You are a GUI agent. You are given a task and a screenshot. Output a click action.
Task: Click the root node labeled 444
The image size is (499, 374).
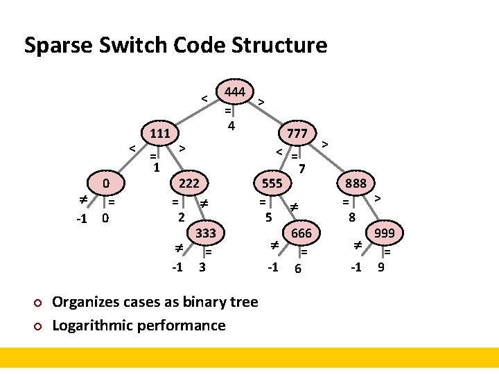(x=236, y=91)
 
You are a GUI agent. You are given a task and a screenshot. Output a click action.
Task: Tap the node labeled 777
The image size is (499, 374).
(x=297, y=132)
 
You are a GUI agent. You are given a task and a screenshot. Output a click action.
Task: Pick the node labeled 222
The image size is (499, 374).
(x=189, y=184)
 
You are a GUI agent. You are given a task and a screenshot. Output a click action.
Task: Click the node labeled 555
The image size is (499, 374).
(x=272, y=184)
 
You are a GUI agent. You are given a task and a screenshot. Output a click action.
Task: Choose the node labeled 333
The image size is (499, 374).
(x=206, y=233)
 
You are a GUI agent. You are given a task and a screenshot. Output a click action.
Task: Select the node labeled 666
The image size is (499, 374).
(x=301, y=233)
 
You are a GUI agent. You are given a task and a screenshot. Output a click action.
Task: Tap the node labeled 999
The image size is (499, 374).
(x=384, y=233)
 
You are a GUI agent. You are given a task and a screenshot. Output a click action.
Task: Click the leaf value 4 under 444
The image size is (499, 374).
(x=231, y=126)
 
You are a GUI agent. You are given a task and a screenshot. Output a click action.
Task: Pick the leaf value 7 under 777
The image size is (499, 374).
(x=301, y=168)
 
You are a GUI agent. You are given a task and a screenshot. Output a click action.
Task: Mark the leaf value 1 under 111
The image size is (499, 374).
(x=157, y=167)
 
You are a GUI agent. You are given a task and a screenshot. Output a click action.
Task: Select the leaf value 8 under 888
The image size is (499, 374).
(x=352, y=217)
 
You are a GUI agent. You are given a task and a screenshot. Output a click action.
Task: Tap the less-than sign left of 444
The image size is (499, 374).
(x=205, y=98)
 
